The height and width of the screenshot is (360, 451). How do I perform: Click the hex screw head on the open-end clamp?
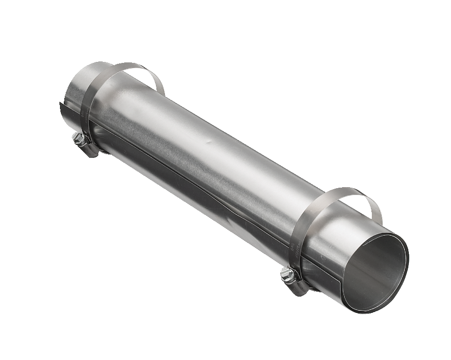(x=287, y=274)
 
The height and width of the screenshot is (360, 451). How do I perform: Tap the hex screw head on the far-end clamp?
(x=78, y=139)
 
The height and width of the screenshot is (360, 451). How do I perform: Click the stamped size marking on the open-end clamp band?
(x=293, y=250)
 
